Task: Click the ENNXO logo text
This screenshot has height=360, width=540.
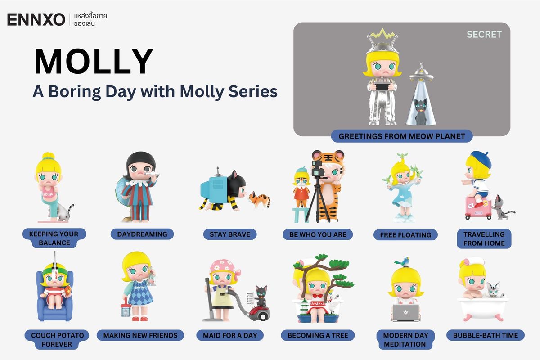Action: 36,19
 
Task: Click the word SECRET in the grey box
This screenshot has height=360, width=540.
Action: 484,34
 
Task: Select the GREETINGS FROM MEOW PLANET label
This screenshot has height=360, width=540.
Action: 402,136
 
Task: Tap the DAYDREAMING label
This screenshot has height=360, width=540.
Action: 142,234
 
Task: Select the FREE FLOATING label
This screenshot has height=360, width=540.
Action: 405,234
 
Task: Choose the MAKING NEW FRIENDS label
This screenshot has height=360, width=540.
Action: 140,335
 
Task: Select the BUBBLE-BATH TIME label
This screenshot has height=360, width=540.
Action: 485,335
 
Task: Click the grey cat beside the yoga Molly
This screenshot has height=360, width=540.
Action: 67,211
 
